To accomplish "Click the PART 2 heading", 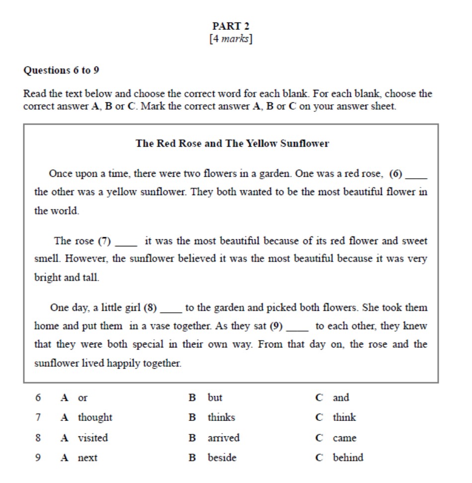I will [x=231, y=26].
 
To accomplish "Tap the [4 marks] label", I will [x=231, y=39].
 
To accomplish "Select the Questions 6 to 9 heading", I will [x=61, y=70].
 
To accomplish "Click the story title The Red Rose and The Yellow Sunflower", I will [x=232, y=144].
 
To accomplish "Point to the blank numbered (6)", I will [x=416, y=175].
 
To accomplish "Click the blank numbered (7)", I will [x=126, y=242].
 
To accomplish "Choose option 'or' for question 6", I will [x=82, y=398].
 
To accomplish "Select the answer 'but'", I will [x=215, y=398].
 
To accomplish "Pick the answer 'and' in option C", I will [x=341, y=398].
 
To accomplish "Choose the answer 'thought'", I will [x=95, y=418].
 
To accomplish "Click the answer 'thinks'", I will [x=221, y=418].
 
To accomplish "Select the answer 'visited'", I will [x=92, y=438].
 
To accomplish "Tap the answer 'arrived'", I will [x=223, y=438].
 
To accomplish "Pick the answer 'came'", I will [x=344, y=438].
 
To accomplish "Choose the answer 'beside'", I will [x=222, y=458].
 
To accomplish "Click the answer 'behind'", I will [x=348, y=458].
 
